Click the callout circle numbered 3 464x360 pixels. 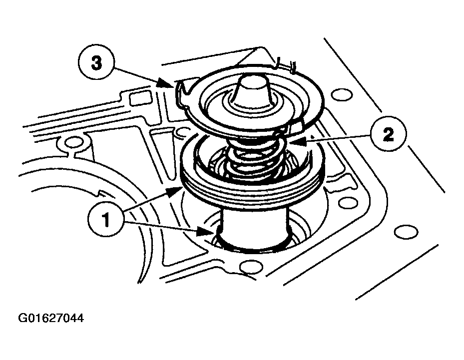pos(96,63)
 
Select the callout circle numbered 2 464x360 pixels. pos(388,135)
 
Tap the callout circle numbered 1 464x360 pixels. pos(106,219)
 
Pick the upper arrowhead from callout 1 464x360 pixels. pos(174,192)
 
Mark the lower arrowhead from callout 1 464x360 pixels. pos(204,232)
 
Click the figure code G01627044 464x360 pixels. pos(51,318)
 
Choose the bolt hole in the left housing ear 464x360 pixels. pos(73,143)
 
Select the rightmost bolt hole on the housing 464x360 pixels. pos(406,232)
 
